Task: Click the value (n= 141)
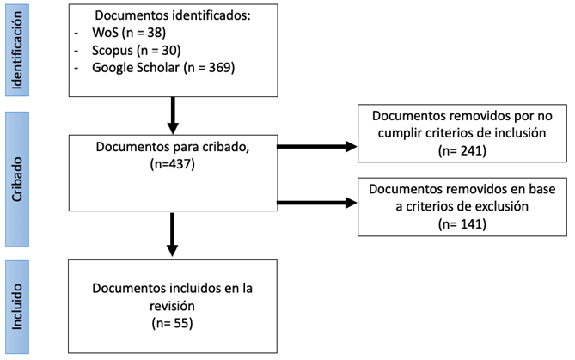pos(463,223)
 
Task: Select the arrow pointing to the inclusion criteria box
pos(317,146)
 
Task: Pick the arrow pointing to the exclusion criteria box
pos(317,204)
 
